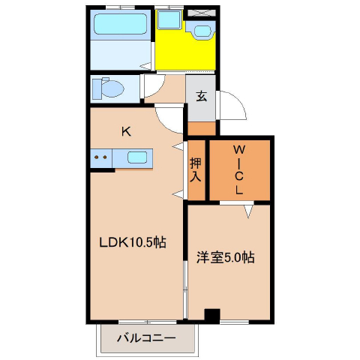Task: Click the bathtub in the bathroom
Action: point(120,24)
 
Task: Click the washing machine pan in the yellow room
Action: point(169,19)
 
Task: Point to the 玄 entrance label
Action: point(202,96)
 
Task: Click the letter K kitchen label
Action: point(126,132)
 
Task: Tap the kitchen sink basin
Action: point(137,157)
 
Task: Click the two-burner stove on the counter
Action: point(101,158)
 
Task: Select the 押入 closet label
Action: point(196,170)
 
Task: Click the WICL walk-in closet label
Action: point(239,170)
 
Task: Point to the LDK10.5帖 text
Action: point(133,242)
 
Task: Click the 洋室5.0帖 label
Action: point(226,257)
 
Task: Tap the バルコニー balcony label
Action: point(146,338)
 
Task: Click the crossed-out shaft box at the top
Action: point(202,13)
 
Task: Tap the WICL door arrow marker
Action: point(248,211)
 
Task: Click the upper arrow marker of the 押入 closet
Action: point(178,146)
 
